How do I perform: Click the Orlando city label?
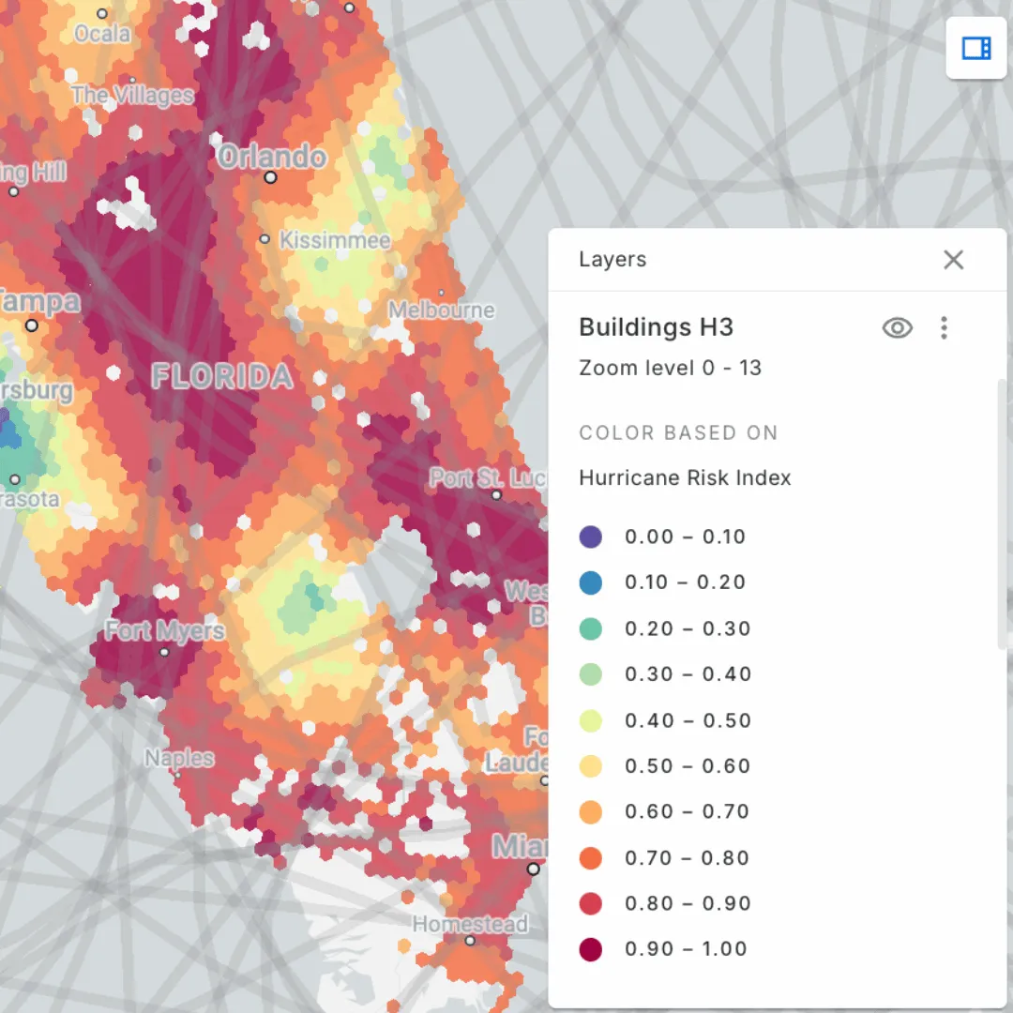click(x=272, y=156)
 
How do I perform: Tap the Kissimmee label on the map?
click(x=335, y=241)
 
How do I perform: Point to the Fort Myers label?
click(x=165, y=630)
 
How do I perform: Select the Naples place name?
click(x=179, y=758)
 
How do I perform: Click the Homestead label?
click(x=470, y=924)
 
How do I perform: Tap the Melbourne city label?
click(x=442, y=310)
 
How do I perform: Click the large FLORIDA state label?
click(x=223, y=377)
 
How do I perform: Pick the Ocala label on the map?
click(x=102, y=33)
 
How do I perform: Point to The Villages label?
click(x=132, y=95)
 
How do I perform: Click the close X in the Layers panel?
click(x=953, y=260)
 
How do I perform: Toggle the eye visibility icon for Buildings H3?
click(x=898, y=327)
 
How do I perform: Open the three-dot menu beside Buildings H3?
click(x=944, y=327)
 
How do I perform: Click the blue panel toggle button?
click(x=976, y=48)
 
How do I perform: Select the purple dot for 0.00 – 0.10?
click(x=591, y=537)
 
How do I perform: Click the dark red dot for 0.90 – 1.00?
click(x=591, y=949)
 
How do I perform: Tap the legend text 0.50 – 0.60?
click(x=688, y=766)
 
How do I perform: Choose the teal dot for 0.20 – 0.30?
click(x=591, y=628)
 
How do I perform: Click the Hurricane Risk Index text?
click(x=685, y=478)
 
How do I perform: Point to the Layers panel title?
click(x=612, y=260)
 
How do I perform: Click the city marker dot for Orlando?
click(x=271, y=177)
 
